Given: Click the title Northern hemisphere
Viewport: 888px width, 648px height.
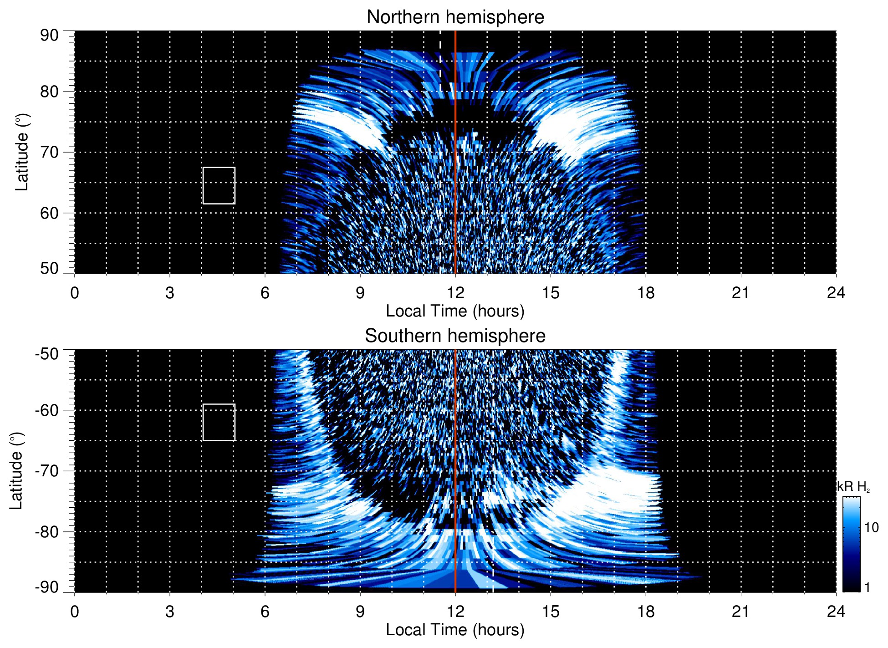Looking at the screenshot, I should (455, 17).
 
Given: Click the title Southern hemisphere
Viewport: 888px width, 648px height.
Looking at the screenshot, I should (455, 336).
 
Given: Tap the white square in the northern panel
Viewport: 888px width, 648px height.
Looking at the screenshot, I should (219, 185).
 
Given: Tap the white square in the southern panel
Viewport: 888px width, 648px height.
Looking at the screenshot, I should (219, 422).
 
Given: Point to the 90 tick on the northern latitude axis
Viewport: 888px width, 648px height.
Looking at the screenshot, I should (49, 36).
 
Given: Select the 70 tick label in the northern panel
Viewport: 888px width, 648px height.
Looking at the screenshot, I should (49, 152).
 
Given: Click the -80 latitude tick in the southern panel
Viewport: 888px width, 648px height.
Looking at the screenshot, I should (47, 531).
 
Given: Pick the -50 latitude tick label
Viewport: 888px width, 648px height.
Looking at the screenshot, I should (47, 354).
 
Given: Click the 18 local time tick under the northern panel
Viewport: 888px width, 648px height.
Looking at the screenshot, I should (646, 293).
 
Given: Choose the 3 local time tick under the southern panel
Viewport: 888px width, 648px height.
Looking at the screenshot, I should (170, 612).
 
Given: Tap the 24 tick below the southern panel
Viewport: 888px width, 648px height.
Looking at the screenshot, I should (836, 612).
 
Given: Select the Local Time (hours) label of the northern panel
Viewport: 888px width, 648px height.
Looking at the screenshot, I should (455, 311).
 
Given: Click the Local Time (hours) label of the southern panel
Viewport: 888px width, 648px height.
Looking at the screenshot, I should (455, 630).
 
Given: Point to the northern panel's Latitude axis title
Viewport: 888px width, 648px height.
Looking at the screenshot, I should (22, 152).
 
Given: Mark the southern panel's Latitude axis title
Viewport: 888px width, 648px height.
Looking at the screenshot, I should (16, 471).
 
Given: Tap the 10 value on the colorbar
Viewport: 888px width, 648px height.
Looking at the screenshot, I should (871, 527).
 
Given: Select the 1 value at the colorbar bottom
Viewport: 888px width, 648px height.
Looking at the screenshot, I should (867, 587).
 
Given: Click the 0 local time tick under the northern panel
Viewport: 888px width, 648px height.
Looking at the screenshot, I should (75, 293).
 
